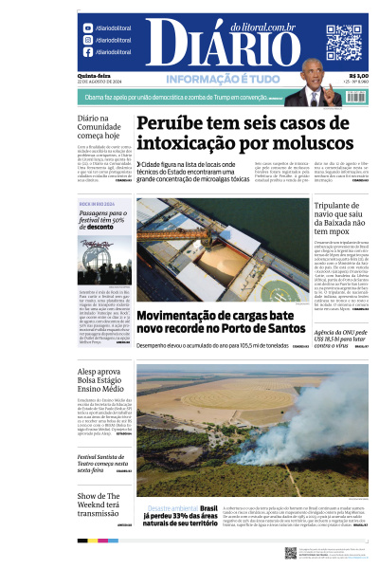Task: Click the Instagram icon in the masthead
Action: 87,41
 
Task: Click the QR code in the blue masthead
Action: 344,43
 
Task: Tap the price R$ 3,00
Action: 358,77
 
